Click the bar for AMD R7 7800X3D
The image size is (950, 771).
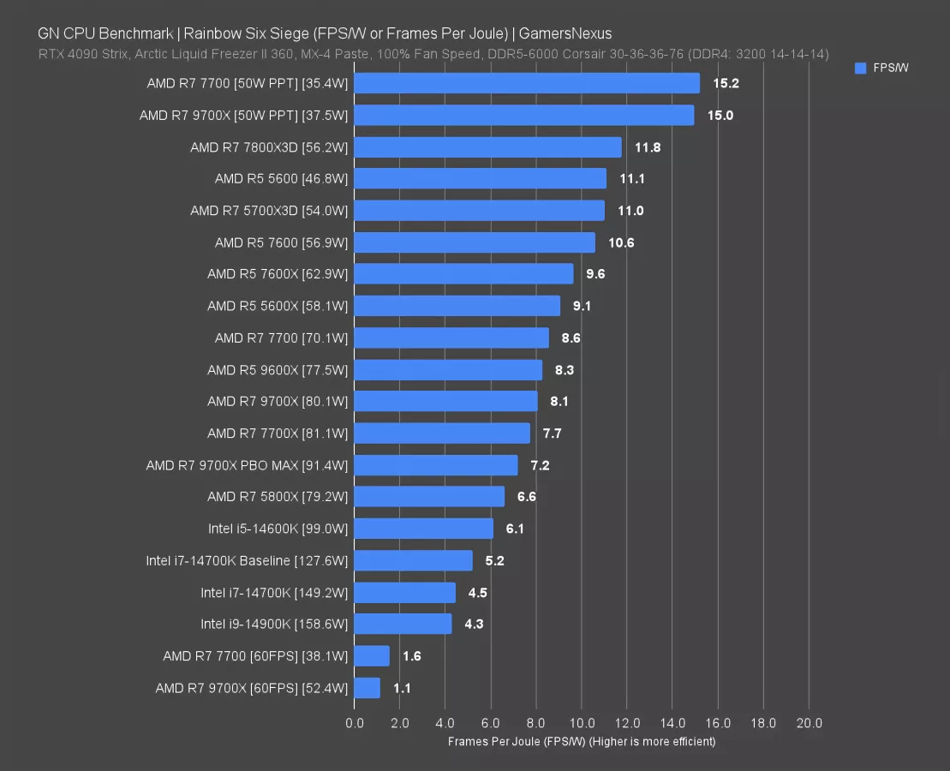click(x=487, y=147)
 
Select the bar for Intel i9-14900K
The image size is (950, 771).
click(x=403, y=624)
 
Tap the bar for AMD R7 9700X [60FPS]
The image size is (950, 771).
click(x=367, y=688)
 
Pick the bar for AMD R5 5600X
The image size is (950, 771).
click(x=457, y=306)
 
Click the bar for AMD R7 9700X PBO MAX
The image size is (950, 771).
click(x=435, y=465)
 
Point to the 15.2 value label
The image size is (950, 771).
click(x=726, y=84)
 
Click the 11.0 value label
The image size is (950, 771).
click(x=630, y=211)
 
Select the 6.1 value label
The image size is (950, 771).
click(x=515, y=529)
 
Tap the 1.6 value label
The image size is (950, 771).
click(x=411, y=656)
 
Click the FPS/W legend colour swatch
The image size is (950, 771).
click(x=861, y=69)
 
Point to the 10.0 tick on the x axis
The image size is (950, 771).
click(x=582, y=723)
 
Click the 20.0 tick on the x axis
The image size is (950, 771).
click(x=809, y=723)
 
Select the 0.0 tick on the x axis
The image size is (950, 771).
click(x=355, y=723)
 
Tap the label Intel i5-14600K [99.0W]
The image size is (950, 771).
click(x=278, y=529)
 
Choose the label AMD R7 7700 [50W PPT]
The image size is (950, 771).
click(x=248, y=84)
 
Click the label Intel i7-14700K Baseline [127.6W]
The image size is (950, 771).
click(x=247, y=560)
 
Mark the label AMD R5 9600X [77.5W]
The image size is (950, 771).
click(x=278, y=370)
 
